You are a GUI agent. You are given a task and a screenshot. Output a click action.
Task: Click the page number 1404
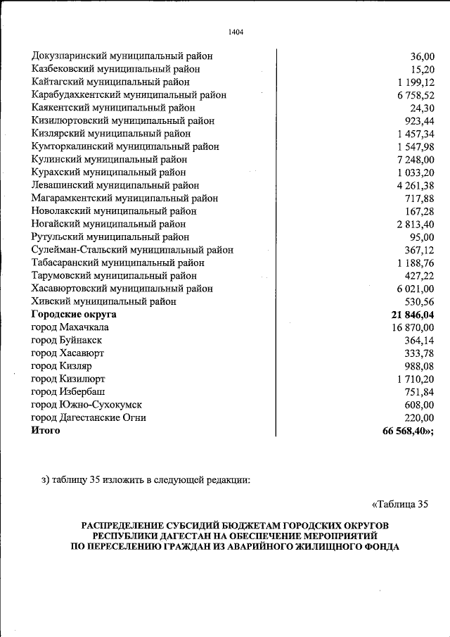(x=236, y=31)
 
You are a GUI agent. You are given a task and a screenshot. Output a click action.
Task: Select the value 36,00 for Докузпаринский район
(x=422, y=56)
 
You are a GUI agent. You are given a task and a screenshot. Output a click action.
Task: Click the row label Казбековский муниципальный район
(x=115, y=69)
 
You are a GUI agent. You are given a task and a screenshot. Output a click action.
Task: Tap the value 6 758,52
(x=416, y=95)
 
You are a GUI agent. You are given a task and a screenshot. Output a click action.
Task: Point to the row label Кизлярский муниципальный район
(x=110, y=134)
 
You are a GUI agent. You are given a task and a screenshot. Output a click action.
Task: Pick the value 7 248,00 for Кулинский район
(x=416, y=160)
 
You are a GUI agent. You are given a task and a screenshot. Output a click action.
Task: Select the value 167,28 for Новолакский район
(x=419, y=211)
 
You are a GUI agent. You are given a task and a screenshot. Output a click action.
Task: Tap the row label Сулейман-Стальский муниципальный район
(x=132, y=250)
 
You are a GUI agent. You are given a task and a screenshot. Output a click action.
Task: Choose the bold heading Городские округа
(x=74, y=315)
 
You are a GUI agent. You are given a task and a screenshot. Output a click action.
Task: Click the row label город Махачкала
(x=70, y=327)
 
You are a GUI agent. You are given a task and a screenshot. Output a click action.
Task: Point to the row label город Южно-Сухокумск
(x=86, y=405)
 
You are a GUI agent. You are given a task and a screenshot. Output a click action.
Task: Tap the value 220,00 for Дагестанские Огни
(x=419, y=417)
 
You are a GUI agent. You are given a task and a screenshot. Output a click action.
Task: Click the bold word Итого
(x=46, y=431)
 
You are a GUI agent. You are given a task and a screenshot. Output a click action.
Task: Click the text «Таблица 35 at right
(x=399, y=504)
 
